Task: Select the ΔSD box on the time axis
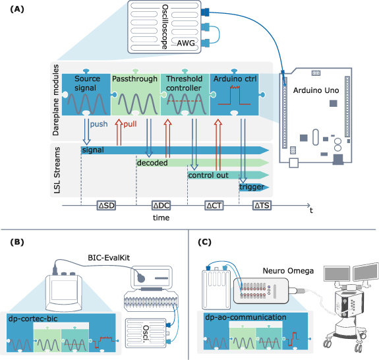(x=106, y=206)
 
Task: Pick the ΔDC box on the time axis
(x=161, y=206)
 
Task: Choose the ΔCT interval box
(x=214, y=206)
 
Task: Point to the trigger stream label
(x=252, y=187)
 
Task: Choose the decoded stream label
(x=152, y=162)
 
